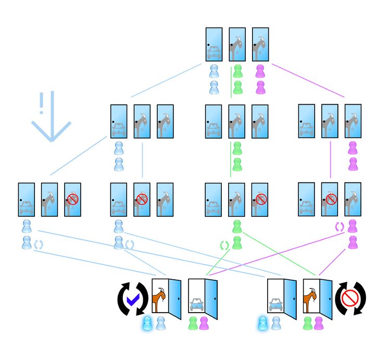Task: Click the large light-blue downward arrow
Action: point(51,128)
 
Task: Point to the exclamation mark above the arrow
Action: point(41,104)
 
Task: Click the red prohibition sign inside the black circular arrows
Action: point(348,297)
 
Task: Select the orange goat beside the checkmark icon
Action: point(159,299)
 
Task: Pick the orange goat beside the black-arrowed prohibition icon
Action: point(311,299)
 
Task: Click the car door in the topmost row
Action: point(215,45)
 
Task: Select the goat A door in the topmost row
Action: point(237,45)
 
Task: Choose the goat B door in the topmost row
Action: point(260,45)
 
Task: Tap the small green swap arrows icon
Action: point(224,244)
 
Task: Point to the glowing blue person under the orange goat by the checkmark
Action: point(148,324)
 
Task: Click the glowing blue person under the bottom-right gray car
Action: point(263,324)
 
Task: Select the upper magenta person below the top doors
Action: point(260,71)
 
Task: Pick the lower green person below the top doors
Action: point(237,87)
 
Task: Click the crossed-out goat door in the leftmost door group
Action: point(72,200)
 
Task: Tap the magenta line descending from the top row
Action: point(307,81)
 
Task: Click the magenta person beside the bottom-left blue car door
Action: point(204,324)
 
